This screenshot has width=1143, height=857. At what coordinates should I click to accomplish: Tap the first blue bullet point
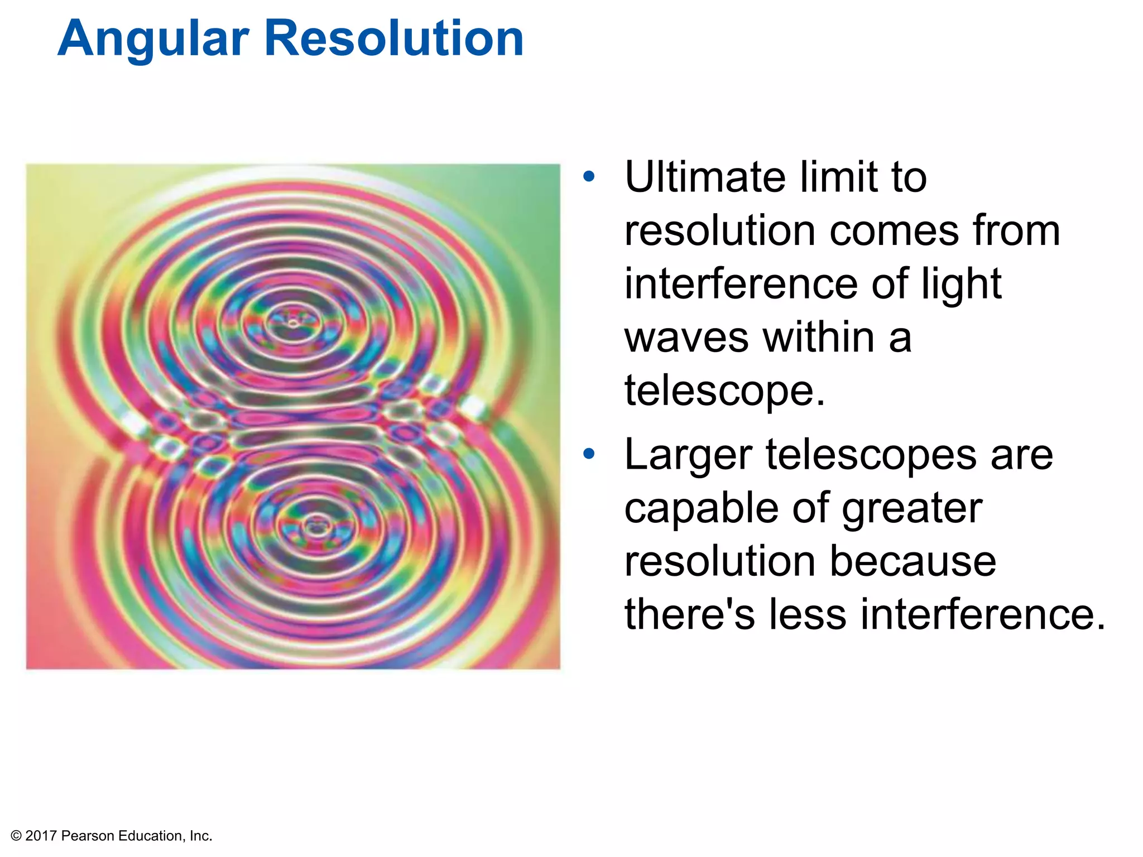pyautogui.click(x=589, y=177)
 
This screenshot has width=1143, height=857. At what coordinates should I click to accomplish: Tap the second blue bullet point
pyautogui.click(x=589, y=454)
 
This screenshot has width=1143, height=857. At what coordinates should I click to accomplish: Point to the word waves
pyautogui.click(x=686, y=338)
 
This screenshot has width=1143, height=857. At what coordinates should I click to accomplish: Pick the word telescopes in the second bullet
pyautogui.click(x=871, y=455)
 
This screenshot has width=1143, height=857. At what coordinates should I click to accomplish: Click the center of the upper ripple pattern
pyautogui.click(x=292, y=322)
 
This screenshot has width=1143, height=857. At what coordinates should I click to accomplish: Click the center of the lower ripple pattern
pyautogui.click(x=316, y=526)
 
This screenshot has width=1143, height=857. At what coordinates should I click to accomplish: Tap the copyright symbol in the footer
pyautogui.click(x=16, y=836)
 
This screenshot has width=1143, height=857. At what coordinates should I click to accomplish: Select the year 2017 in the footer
pyautogui.click(x=41, y=836)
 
